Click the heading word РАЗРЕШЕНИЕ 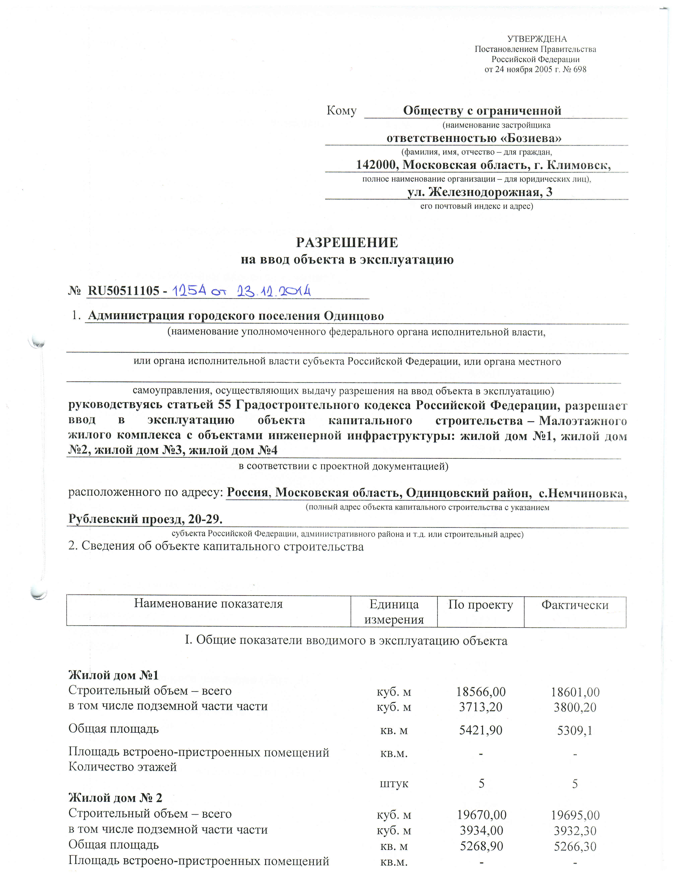pyautogui.click(x=347, y=243)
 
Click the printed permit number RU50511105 pyautogui.click(x=123, y=290)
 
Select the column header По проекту pyautogui.click(x=480, y=604)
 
